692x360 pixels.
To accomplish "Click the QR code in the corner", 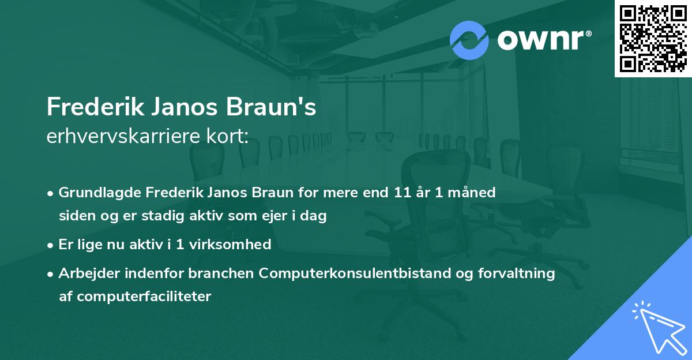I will [x=653, y=38].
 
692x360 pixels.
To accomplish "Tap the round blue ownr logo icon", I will [x=470, y=40].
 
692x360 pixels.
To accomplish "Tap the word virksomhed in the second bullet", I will [x=235, y=244].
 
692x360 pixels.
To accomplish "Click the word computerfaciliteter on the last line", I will [x=135, y=297].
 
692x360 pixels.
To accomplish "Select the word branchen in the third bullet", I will [x=227, y=273].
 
